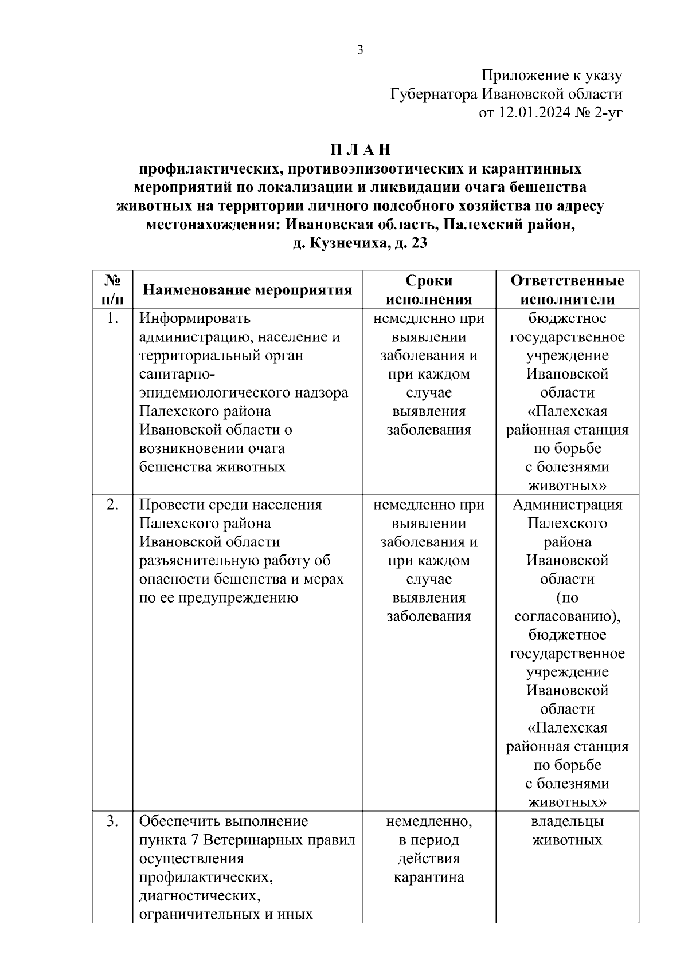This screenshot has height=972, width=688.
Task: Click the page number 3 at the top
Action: tap(360, 50)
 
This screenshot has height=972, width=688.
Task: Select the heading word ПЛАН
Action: tap(360, 150)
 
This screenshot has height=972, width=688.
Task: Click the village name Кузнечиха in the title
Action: tap(343, 243)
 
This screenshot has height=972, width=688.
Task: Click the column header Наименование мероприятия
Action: tap(247, 290)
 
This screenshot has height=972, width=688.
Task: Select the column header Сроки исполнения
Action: tap(429, 290)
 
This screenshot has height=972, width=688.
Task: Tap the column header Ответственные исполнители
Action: tap(567, 290)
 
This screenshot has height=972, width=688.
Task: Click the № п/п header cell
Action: tap(112, 290)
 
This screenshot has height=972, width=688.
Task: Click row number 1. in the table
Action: tap(112, 318)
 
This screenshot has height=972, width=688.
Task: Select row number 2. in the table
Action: tap(112, 505)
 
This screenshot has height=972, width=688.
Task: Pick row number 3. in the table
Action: tap(112, 821)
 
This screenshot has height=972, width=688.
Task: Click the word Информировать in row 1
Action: tap(195, 318)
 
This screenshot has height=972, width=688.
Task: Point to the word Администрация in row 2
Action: tap(567, 505)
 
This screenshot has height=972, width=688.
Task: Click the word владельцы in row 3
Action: tap(567, 821)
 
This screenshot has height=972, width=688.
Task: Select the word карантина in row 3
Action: tap(429, 877)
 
